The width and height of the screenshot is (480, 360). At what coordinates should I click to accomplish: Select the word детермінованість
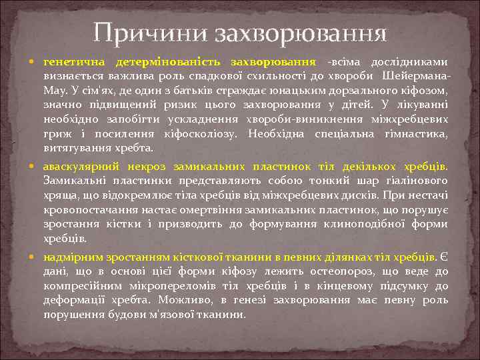click(x=168, y=61)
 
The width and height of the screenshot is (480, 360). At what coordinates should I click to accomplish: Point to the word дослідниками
click(x=414, y=61)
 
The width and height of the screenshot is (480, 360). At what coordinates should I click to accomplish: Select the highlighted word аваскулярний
click(x=78, y=165)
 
